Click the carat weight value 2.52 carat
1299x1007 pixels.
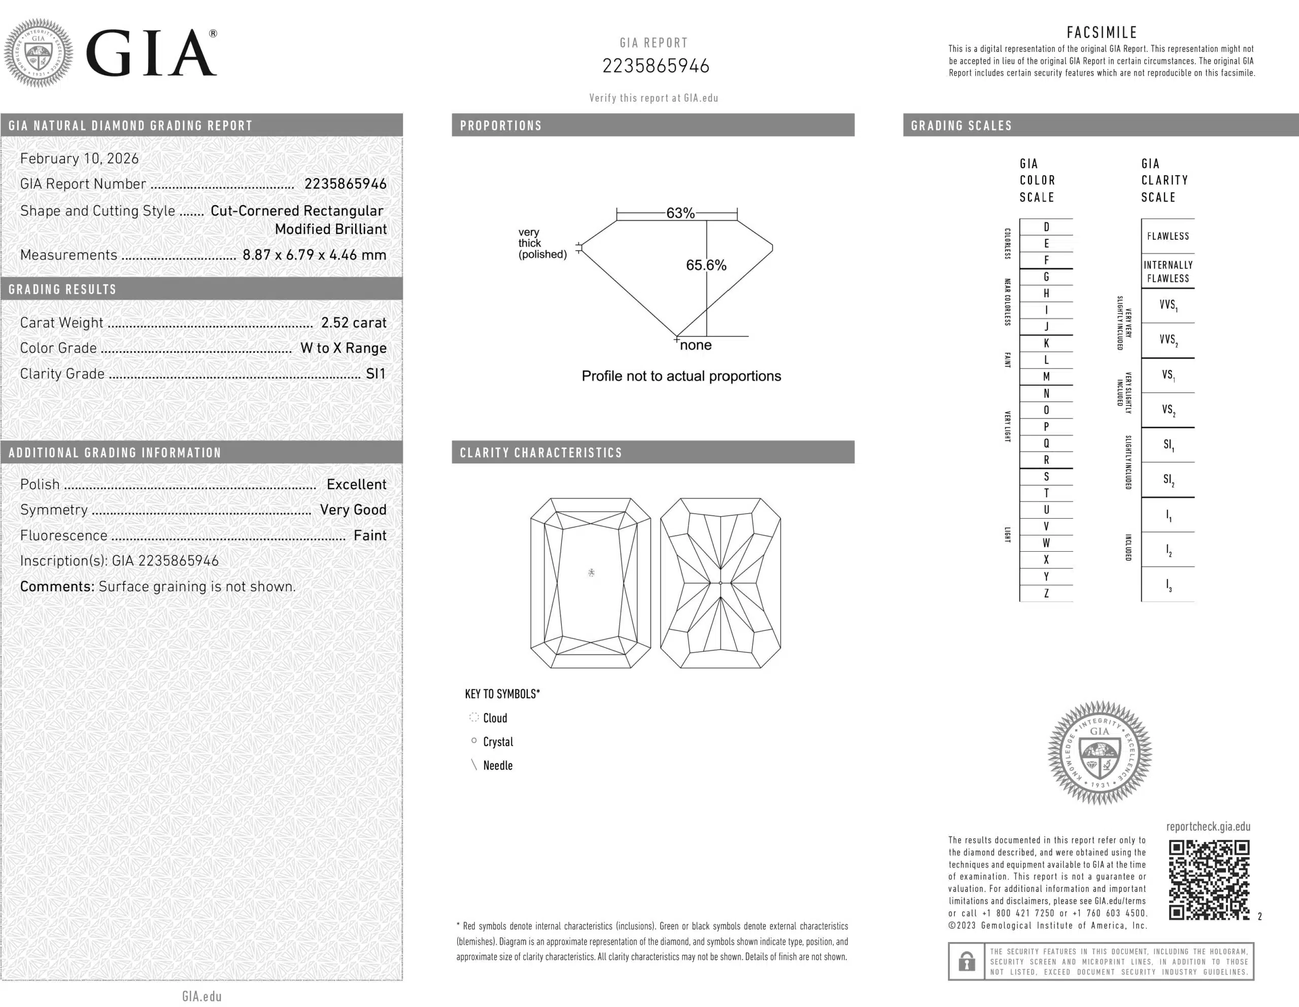pyautogui.click(x=353, y=323)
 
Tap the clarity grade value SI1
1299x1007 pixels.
pyautogui.click(x=375, y=374)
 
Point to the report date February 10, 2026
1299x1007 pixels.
pyautogui.click(x=79, y=159)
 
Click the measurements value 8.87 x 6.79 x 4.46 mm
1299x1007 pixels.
pyautogui.click(x=314, y=255)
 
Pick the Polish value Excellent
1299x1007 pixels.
pyautogui.click(x=356, y=485)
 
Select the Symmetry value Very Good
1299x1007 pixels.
pyautogui.click(x=353, y=510)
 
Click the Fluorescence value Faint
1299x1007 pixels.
pyautogui.click(x=369, y=536)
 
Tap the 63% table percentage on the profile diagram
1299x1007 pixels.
pyautogui.click(x=680, y=213)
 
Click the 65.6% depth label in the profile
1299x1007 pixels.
pyautogui.click(x=706, y=265)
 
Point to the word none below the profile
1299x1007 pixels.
pyautogui.click(x=695, y=346)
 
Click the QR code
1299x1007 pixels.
pyautogui.click(x=1209, y=880)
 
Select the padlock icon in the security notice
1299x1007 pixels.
pyautogui.click(x=967, y=961)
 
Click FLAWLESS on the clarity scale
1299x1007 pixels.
pyautogui.click(x=1168, y=236)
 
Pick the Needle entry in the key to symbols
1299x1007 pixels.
pyautogui.click(x=497, y=766)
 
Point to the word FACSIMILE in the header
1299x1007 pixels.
pyautogui.click(x=1102, y=32)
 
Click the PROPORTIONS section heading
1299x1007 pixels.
pyautogui.click(x=501, y=126)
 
